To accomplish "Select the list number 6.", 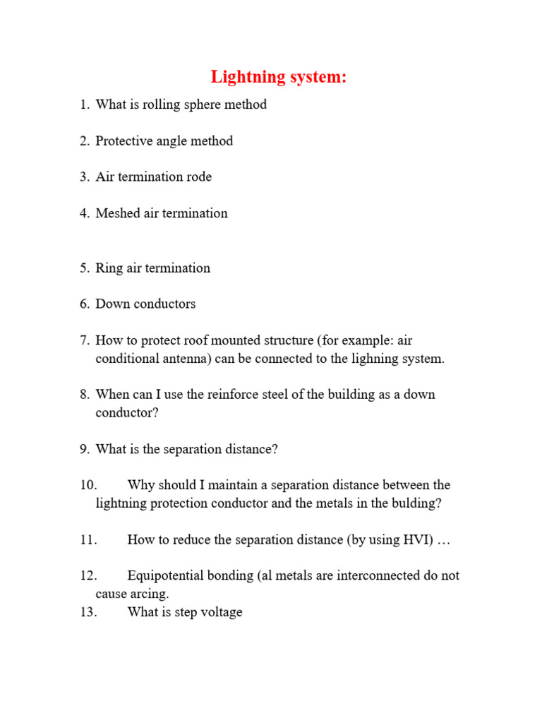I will pos(85,304).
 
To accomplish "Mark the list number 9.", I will pos(85,449).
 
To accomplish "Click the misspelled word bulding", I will pos(419,503).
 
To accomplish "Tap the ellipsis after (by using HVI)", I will pos(443,540).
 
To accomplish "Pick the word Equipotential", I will pos(165,575).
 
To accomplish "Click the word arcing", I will pos(149,594).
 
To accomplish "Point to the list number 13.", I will pos(88,612).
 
